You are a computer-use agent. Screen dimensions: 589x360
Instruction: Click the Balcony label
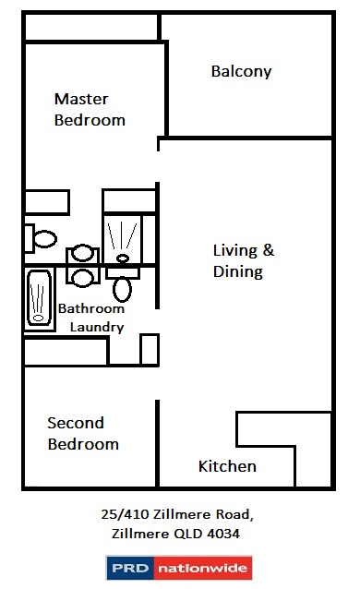(241, 71)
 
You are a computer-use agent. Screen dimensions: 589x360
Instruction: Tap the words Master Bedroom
(90, 109)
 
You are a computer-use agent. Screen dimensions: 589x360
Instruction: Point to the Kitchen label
(227, 466)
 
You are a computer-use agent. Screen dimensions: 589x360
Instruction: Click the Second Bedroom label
(83, 433)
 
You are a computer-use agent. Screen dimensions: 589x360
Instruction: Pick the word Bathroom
(91, 308)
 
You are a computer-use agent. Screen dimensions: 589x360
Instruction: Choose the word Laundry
(97, 327)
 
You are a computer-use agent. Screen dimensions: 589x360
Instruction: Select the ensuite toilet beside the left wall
(42, 238)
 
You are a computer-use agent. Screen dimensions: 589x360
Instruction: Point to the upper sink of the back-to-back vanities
(83, 253)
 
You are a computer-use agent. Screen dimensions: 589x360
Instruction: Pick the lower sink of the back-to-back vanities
(83, 277)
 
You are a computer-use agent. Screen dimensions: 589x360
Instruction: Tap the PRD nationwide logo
(179, 568)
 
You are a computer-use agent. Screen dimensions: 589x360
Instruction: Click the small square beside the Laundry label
(149, 350)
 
